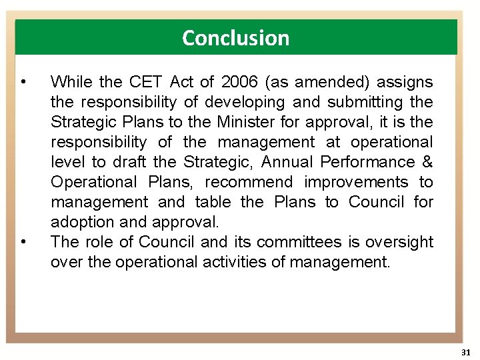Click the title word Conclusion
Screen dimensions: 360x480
tap(236, 38)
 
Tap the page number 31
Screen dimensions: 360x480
tap(465, 351)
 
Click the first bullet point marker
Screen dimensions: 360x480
tap(23, 83)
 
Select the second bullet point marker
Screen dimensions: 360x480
tap(23, 242)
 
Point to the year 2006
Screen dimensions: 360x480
tap(239, 83)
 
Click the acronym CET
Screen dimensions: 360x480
tap(145, 83)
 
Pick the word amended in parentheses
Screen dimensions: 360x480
tap(330, 83)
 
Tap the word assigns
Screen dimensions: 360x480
tap(405, 83)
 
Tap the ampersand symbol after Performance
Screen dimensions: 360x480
tap(427, 163)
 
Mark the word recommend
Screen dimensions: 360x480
tap(249, 183)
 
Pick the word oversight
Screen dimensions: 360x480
tap(399, 242)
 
